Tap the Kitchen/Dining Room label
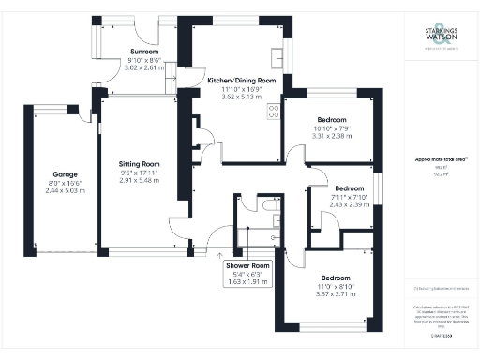pyautogui.click(x=241, y=82)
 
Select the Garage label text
pyautogui.click(x=65, y=174)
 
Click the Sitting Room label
pyautogui.click(x=139, y=164)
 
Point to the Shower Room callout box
pyautogui.click(x=248, y=274)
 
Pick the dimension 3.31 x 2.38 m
pyautogui.click(x=331, y=136)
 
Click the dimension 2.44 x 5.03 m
pyautogui.click(x=65, y=190)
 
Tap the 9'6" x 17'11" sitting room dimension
pyautogui.click(x=139, y=172)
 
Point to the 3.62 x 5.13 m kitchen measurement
pyautogui.click(x=241, y=97)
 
